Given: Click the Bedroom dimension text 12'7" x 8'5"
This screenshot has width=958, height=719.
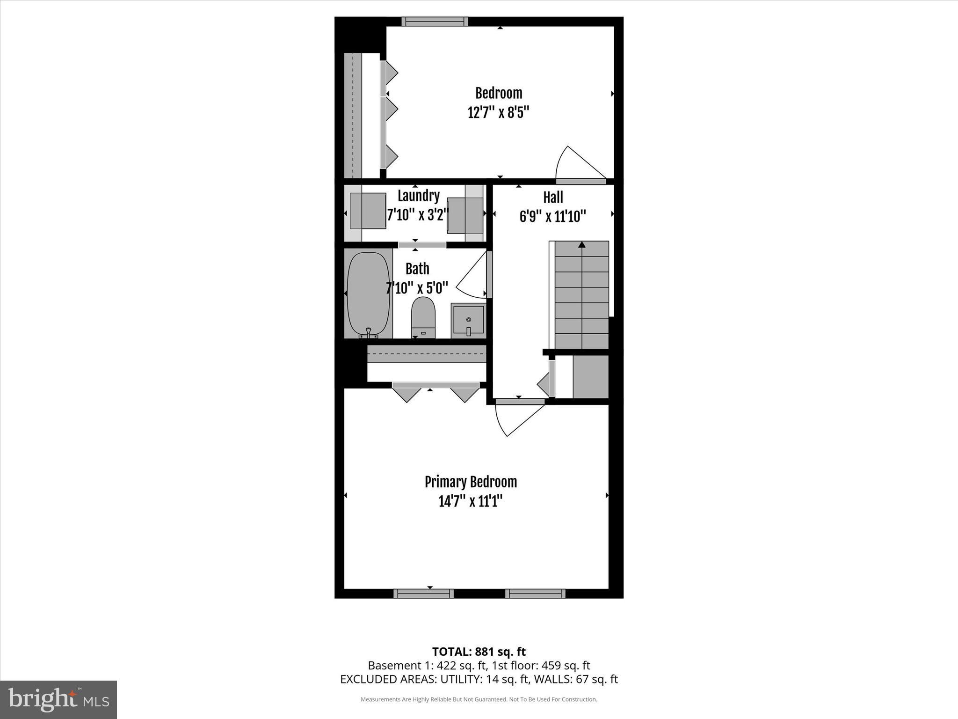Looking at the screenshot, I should pos(498,113).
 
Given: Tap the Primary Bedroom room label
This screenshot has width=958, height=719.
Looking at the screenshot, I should pos(471,482).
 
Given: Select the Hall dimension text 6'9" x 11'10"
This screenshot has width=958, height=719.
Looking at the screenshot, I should pos(552,216).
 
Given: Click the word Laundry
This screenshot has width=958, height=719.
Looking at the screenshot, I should pos(418,196).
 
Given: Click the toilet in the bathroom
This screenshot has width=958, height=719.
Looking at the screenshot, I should pos(423,317).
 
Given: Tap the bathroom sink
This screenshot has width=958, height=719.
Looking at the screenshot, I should pos(468,320).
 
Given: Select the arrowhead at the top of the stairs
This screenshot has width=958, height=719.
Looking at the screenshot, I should pos(581,245).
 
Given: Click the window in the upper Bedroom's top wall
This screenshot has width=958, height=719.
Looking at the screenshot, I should pos(435,22).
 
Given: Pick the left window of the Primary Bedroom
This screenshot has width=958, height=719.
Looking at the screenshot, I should pos(423,594).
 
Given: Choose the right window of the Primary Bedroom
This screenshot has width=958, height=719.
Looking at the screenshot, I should pos(535,594).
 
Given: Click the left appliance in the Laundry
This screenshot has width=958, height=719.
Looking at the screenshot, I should pos(368,211).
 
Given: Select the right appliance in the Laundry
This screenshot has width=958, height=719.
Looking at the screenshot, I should pos(465,215).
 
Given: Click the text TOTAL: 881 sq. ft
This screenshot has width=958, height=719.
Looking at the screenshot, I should pos(479,652).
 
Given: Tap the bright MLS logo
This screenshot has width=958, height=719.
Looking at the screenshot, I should pos(58,699).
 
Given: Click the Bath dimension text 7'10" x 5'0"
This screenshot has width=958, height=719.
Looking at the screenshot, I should pos(417,288).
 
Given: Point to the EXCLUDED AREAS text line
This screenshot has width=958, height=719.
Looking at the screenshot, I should pos(479,679).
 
